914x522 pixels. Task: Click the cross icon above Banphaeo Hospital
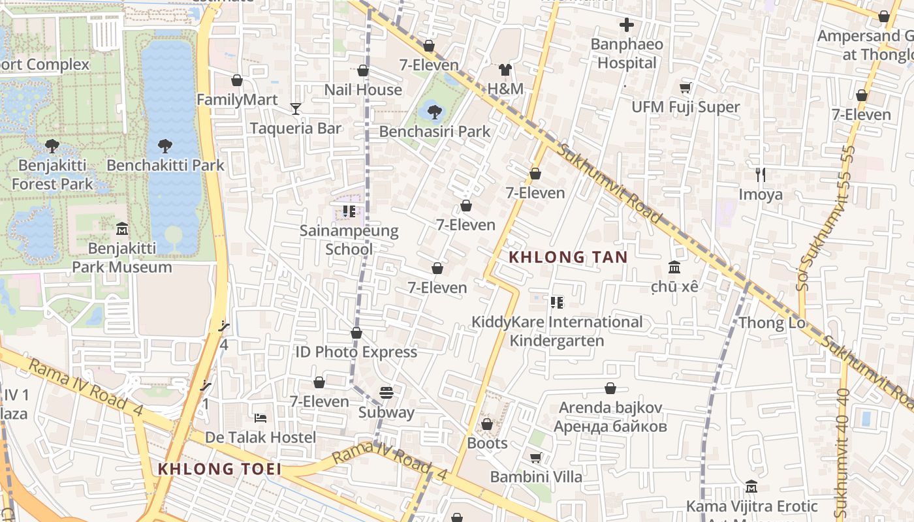coord(627,25)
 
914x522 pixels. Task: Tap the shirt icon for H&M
coord(505,70)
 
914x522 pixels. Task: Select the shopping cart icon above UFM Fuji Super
coord(685,88)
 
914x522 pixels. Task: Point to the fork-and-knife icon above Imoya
coord(761,175)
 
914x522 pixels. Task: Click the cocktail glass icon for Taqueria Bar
coord(296,108)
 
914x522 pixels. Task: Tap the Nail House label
coord(363,90)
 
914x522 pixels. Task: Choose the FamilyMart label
coord(237,100)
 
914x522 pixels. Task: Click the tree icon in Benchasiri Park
coord(434,112)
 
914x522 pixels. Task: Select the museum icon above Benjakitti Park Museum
coord(121,228)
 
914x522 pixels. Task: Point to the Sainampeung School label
coord(349,239)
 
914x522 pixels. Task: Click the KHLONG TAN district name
coord(568,257)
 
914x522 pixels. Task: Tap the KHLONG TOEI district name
coord(219,468)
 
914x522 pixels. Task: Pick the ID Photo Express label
coord(356,352)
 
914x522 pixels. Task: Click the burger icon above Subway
coord(386,393)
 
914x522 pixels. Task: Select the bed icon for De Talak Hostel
coord(260,418)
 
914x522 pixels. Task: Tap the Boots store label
coord(487,444)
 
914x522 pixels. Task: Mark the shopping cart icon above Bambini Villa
coord(535,458)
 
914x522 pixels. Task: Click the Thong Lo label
coord(770,323)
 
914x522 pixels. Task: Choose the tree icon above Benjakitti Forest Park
coord(52,146)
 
